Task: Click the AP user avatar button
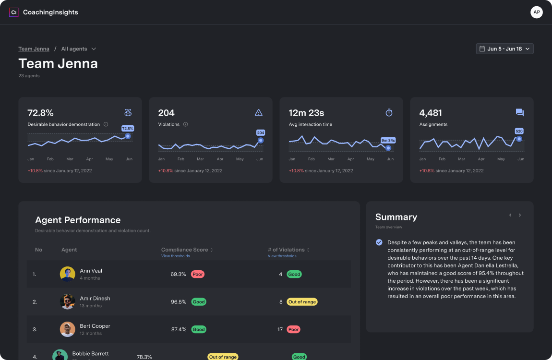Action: tap(536, 12)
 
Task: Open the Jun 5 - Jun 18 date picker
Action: tap(504, 49)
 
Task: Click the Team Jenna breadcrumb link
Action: tap(34, 49)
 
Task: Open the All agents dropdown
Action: tap(79, 49)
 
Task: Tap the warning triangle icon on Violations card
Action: tap(259, 113)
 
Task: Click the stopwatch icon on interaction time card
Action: tap(389, 113)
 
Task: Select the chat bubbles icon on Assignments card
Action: tap(519, 113)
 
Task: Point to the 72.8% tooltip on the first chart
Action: tap(128, 129)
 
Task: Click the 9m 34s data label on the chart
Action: tap(388, 140)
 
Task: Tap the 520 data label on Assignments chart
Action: tap(519, 131)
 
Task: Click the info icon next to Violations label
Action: tap(185, 124)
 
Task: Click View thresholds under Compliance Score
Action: tap(175, 256)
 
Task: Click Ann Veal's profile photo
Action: tap(67, 274)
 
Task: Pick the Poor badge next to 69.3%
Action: tap(197, 275)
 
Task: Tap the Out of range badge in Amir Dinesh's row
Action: tap(302, 302)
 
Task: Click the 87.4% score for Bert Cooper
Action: tap(179, 330)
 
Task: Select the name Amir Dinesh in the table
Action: tap(95, 299)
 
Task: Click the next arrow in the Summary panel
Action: tap(520, 215)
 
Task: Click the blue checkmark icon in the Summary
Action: tap(379, 242)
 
